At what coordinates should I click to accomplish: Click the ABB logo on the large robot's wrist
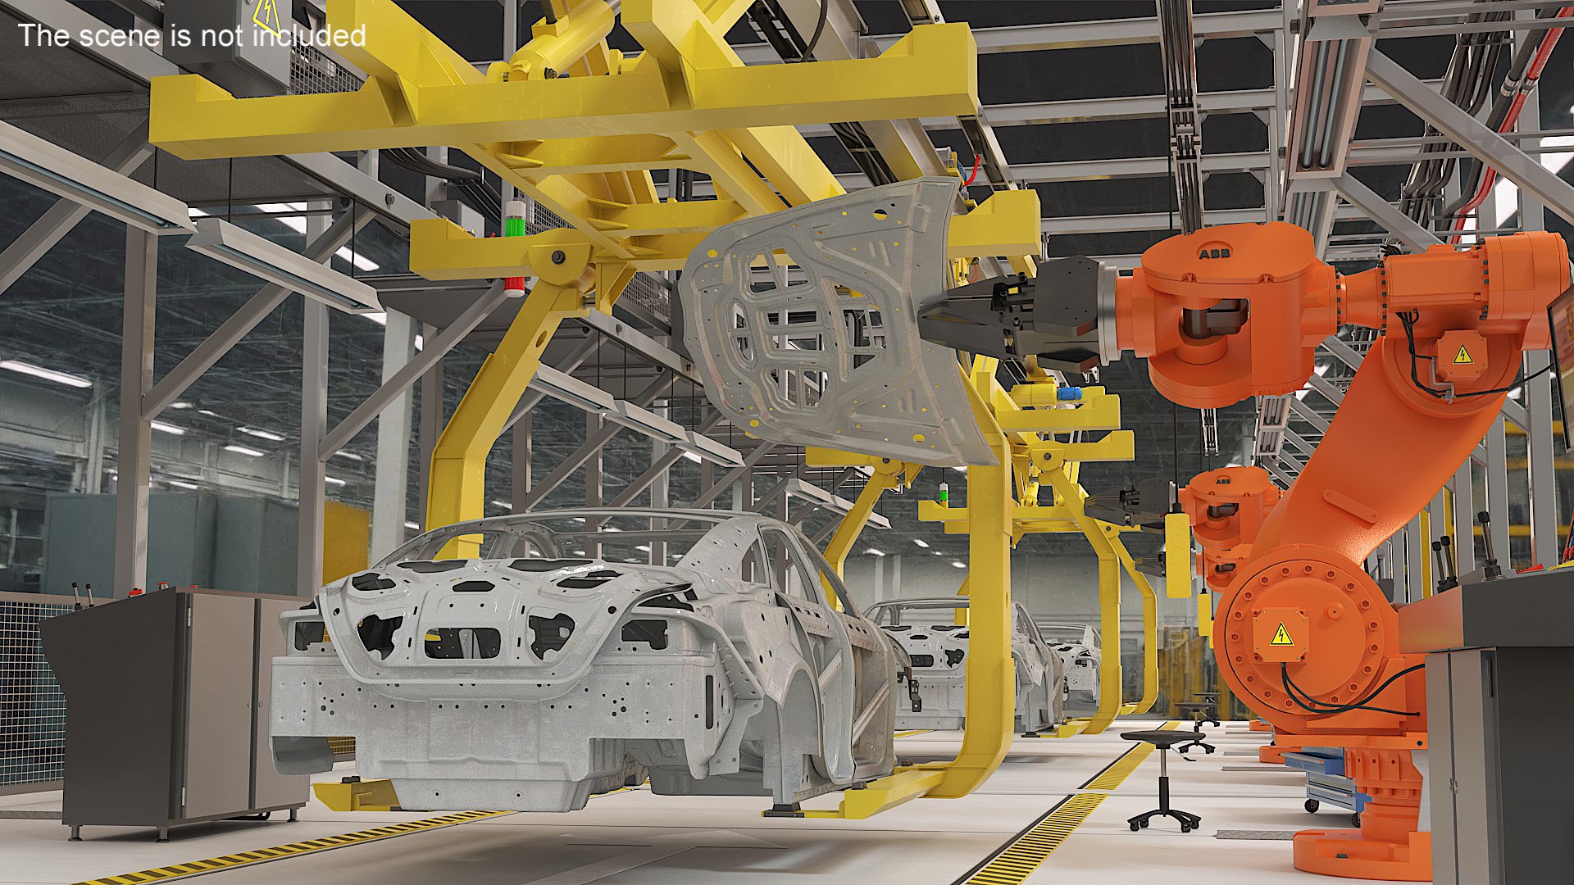point(1214,254)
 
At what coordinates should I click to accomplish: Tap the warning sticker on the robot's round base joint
point(1281,633)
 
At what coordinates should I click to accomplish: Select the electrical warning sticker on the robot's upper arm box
point(1463,355)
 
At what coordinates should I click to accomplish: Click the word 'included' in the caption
point(309,35)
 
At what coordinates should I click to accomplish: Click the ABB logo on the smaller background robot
point(1222,481)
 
